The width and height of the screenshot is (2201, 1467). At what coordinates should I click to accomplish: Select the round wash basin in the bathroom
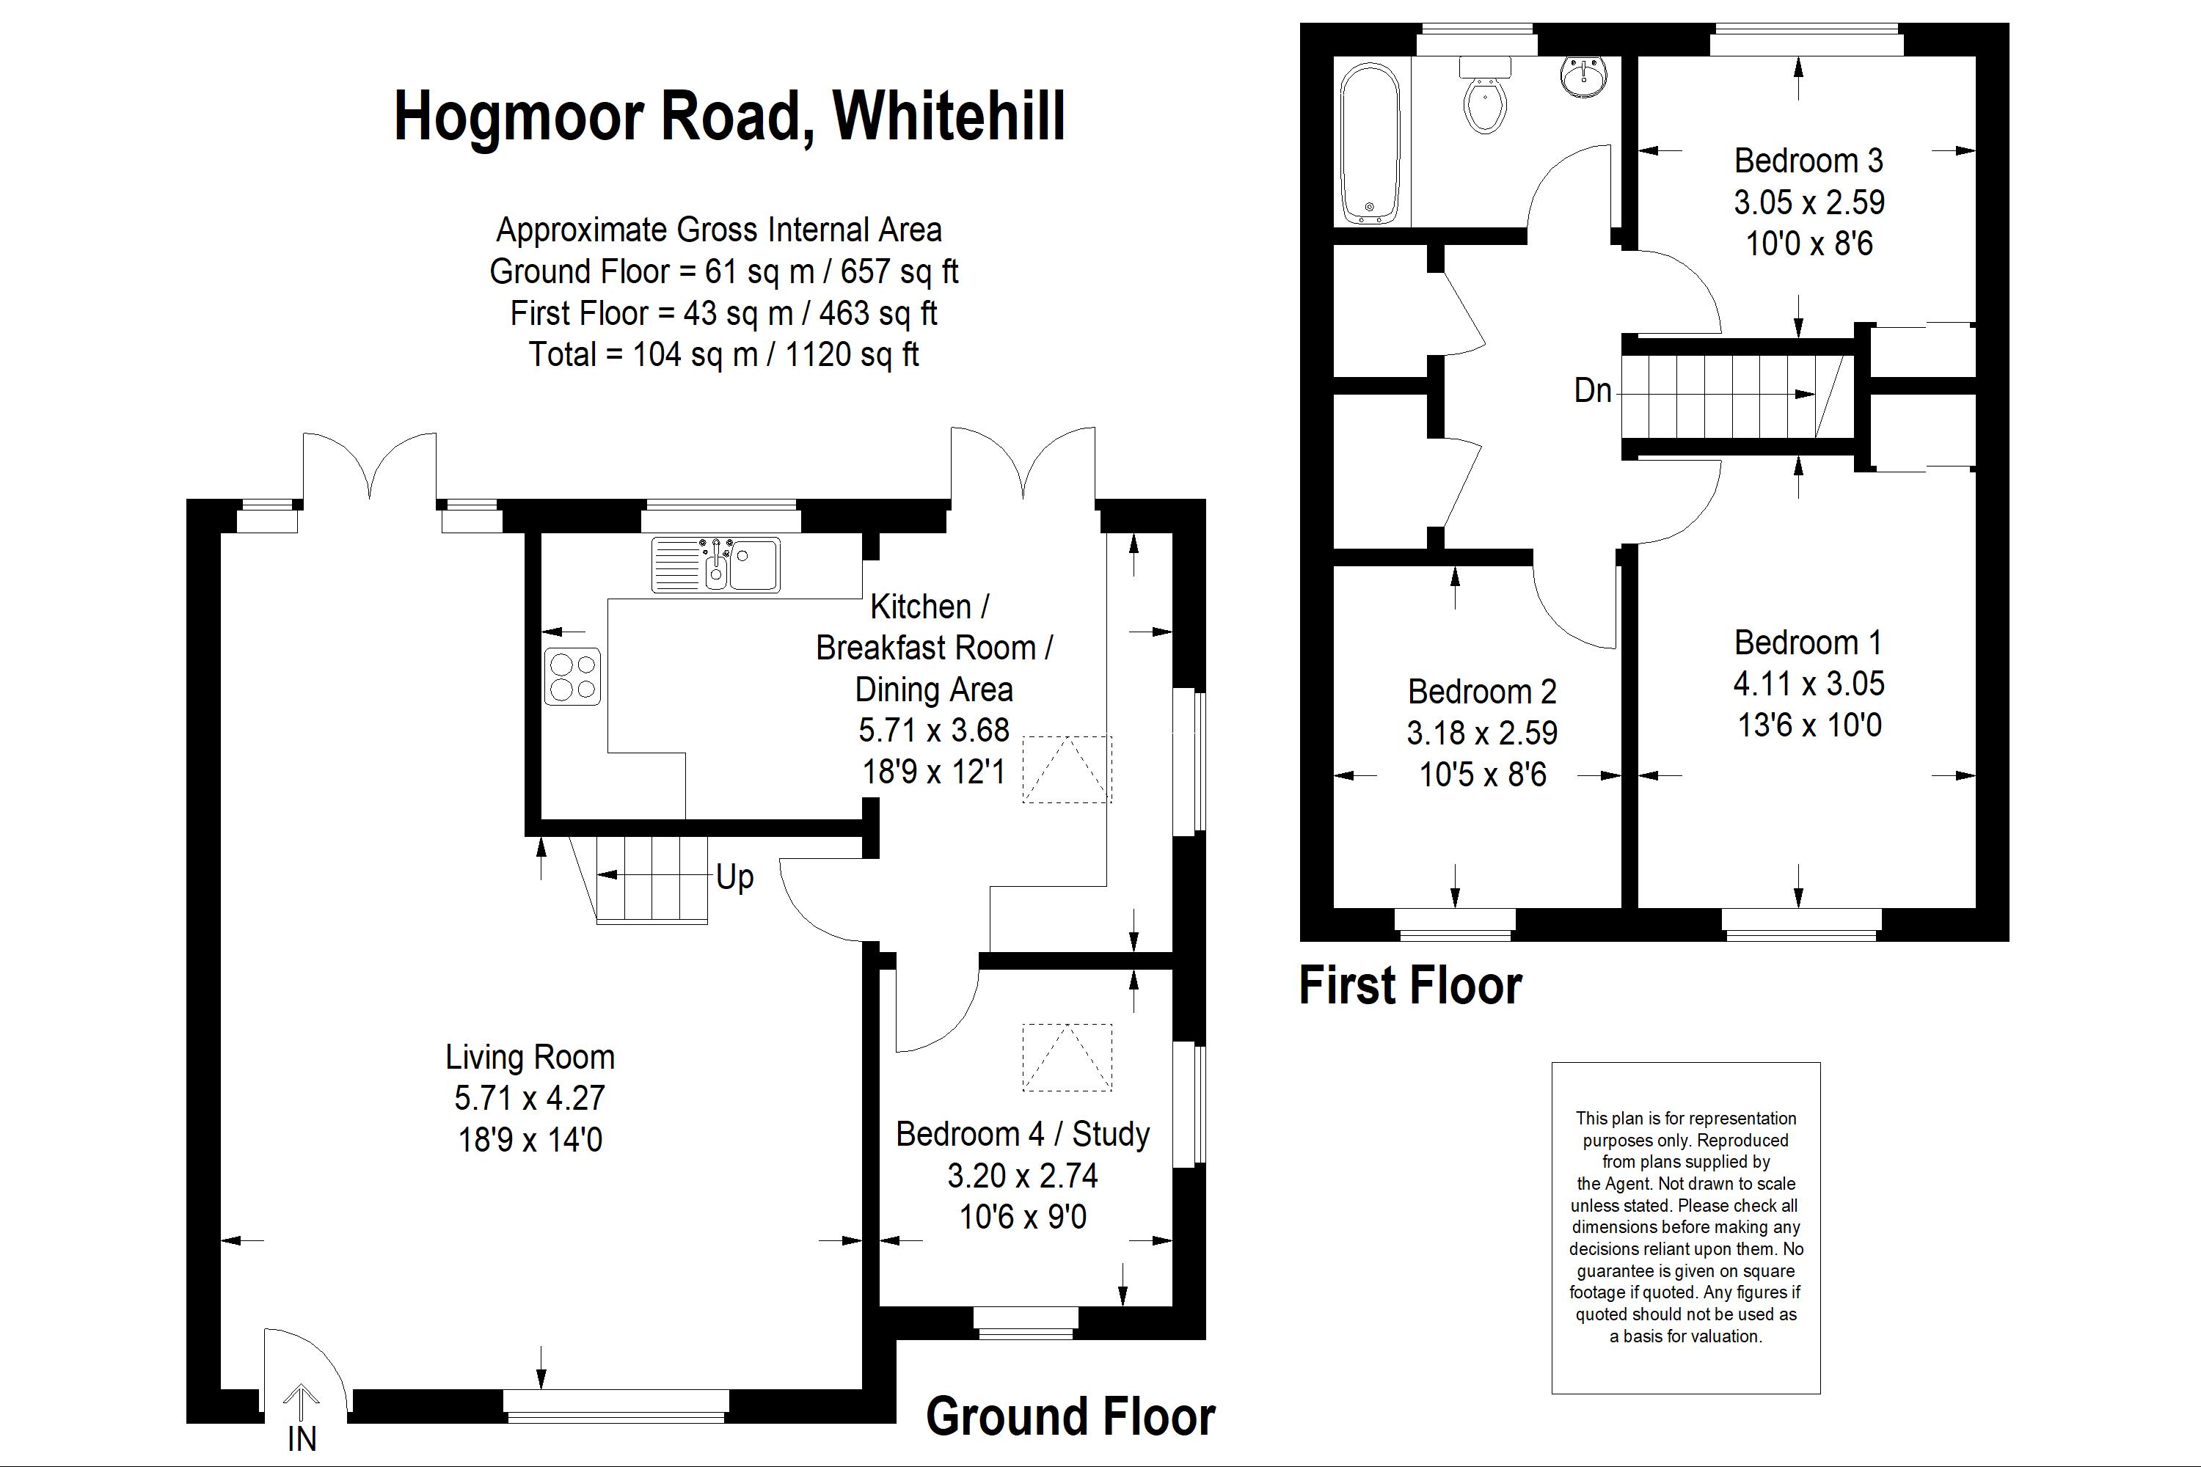(1584, 75)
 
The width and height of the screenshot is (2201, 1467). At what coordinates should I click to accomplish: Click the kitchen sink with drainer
(716, 564)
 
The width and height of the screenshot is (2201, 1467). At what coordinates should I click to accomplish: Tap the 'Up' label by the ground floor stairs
(734, 877)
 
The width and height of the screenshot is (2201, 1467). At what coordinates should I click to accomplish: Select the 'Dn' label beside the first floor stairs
(1593, 390)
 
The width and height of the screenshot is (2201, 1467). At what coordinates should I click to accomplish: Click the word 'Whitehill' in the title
(949, 116)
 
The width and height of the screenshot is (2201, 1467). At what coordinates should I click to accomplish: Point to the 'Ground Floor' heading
(1070, 1416)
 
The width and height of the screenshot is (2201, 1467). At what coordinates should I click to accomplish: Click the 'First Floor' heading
(1410, 986)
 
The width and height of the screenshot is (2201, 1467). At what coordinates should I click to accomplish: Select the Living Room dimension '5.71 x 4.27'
(530, 1097)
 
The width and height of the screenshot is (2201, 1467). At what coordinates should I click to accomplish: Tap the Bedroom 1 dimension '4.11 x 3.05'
(1809, 684)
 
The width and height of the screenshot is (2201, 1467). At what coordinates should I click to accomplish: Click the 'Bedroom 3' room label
(1809, 161)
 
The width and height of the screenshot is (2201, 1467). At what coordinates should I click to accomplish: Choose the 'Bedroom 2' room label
(1482, 692)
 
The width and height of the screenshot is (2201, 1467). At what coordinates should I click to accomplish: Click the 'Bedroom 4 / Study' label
(1023, 1134)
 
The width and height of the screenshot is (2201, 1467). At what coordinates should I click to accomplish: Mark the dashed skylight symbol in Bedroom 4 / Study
(1067, 1057)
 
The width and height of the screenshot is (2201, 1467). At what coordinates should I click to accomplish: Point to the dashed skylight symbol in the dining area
(1067, 769)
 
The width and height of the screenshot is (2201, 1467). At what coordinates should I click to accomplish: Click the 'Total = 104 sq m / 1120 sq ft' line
(723, 354)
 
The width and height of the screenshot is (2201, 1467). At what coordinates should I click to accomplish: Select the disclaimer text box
(1685, 1227)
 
